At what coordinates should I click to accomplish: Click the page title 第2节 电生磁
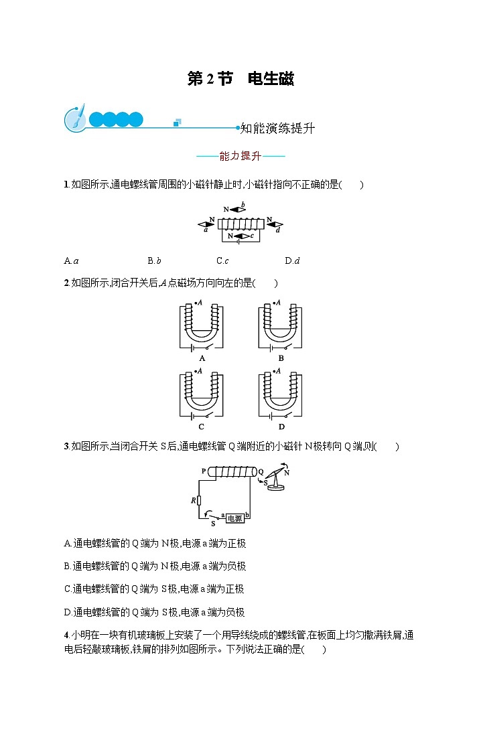(240, 79)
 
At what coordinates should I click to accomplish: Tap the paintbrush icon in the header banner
(75, 118)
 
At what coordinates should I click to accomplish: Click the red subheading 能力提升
(240, 157)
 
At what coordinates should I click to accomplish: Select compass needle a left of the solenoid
(204, 224)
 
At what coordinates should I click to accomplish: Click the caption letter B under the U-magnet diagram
(281, 358)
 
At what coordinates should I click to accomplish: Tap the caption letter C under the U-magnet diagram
(202, 427)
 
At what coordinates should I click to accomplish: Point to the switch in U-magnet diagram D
(287, 415)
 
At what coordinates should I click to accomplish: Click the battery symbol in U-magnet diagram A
(193, 348)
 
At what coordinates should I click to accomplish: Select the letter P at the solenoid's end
(203, 471)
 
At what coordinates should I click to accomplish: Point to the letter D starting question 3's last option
(68, 612)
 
